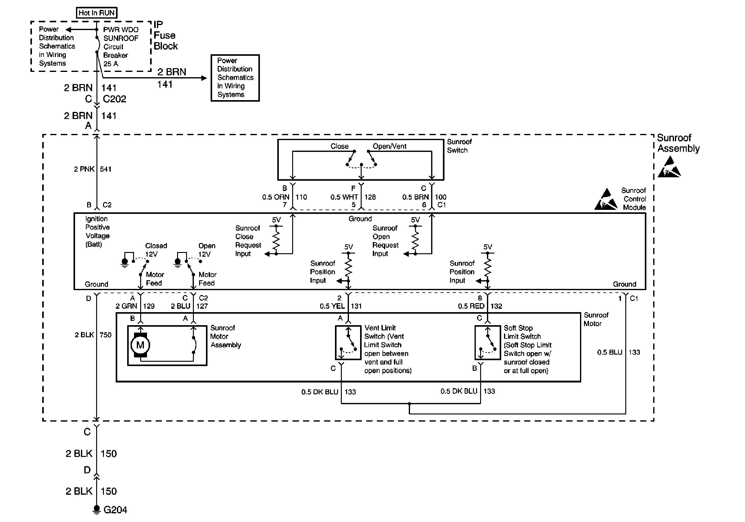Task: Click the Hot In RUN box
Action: pyautogui.click(x=96, y=13)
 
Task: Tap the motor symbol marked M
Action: pyautogui.click(x=140, y=345)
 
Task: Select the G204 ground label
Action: pyautogui.click(x=115, y=510)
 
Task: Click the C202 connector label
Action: pyautogui.click(x=114, y=99)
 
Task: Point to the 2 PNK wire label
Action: pyautogui.click(x=84, y=169)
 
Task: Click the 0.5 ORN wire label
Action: pyautogui.click(x=275, y=197)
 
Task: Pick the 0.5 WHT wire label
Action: pyautogui.click(x=344, y=197)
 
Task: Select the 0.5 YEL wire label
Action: pyautogui.click(x=332, y=306)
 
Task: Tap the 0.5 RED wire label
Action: pyautogui.click(x=471, y=306)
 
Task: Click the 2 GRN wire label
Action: pyautogui.click(x=126, y=306)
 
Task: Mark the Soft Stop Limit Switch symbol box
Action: pyautogui.click(x=487, y=343)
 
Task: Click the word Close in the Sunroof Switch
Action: pyautogui.click(x=339, y=146)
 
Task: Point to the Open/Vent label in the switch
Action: pyautogui.click(x=389, y=146)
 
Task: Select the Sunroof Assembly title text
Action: pyautogui.click(x=678, y=143)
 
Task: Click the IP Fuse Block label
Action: pyautogui.click(x=165, y=35)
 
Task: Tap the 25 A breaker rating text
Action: pyautogui.click(x=111, y=64)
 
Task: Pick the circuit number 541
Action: pyautogui.click(x=106, y=169)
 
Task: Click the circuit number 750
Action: pyautogui.click(x=105, y=335)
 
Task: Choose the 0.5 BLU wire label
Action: pyautogui.click(x=609, y=352)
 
